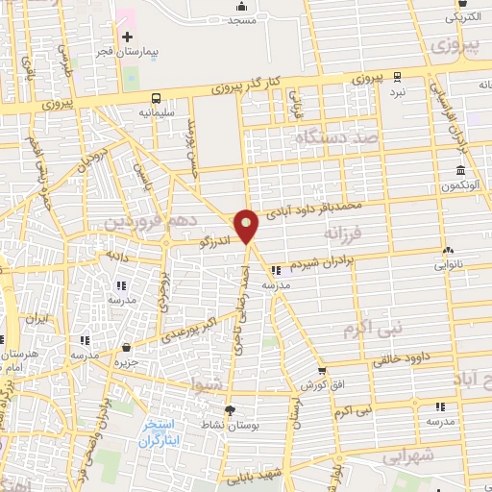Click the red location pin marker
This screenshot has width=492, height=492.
click(x=248, y=226)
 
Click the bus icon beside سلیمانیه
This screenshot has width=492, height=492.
click(x=156, y=98)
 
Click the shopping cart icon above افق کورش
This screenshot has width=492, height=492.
click(x=322, y=370)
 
